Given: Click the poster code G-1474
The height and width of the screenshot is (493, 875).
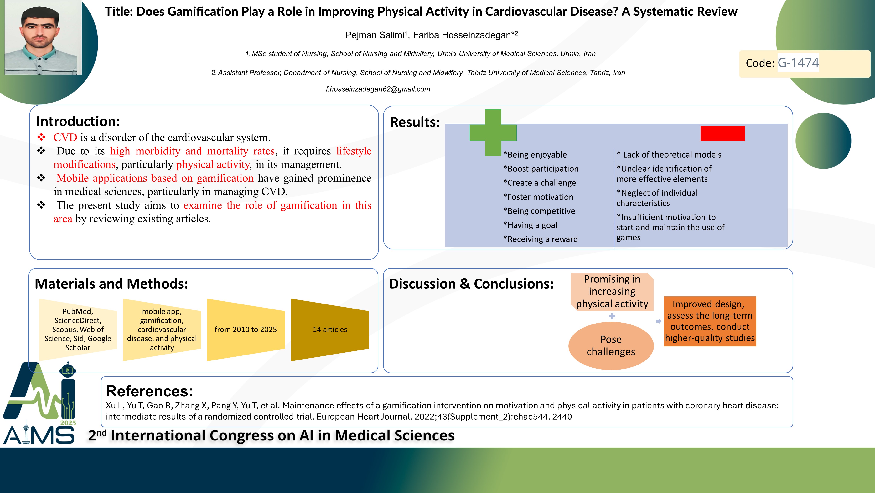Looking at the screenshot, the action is click(798, 63).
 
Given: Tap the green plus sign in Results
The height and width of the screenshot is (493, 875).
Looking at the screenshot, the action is click(493, 133).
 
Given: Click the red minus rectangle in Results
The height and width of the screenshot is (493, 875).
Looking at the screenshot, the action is click(722, 133).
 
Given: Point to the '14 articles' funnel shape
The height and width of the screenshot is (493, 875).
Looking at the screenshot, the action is click(330, 330).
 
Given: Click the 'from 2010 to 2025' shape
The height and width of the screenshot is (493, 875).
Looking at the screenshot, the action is click(246, 330).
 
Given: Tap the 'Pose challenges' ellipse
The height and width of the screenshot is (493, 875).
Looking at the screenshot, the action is click(611, 345).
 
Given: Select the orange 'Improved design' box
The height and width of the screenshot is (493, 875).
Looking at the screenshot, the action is click(710, 321).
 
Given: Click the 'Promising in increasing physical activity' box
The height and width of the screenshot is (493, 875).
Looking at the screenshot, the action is click(612, 291).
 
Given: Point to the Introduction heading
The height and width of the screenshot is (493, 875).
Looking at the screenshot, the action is click(78, 121).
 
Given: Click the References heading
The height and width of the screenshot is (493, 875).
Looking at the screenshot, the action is click(149, 391).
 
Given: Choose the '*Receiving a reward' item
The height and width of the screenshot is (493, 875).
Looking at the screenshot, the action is click(540, 239).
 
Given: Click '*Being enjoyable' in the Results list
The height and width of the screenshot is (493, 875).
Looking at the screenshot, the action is click(535, 155).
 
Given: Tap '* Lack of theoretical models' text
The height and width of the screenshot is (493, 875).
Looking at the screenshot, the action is click(669, 155).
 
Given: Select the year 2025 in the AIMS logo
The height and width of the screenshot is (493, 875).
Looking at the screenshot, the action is click(68, 423).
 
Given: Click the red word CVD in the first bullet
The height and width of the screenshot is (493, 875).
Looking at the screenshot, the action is click(65, 137).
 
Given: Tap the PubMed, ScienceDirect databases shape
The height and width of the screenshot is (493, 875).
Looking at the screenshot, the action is click(78, 330).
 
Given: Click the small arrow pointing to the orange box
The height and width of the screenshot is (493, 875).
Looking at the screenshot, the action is click(659, 321).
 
